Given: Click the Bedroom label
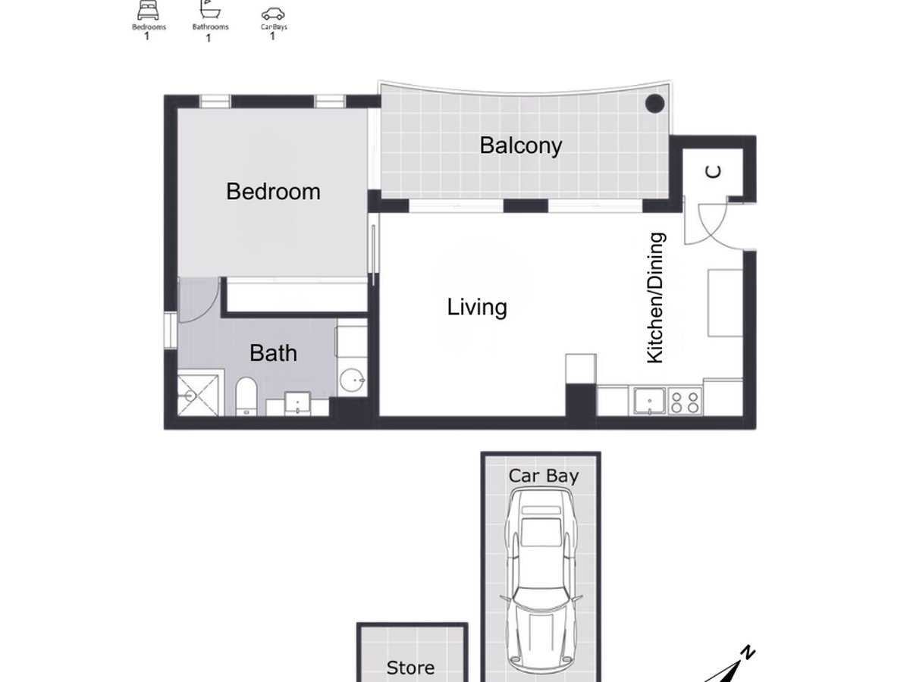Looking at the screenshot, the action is [x=273, y=191].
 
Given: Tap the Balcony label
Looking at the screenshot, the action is [x=521, y=145].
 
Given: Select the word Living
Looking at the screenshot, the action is [x=477, y=307].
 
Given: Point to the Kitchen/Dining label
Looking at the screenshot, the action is [x=656, y=298].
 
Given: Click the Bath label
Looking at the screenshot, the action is [x=273, y=353].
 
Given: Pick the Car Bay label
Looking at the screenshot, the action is [x=544, y=476].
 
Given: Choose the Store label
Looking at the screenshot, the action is [x=410, y=668].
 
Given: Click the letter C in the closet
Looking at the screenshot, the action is [x=713, y=171].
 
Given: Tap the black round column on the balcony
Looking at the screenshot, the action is [x=654, y=104].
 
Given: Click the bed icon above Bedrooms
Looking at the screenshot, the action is [x=148, y=11].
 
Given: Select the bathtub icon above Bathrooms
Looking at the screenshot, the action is [x=210, y=9].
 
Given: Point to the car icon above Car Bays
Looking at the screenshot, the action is [x=273, y=14].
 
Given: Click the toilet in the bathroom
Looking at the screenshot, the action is [x=246, y=396].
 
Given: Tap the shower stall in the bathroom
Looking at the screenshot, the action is [x=198, y=395].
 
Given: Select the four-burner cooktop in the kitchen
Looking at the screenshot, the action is [x=685, y=402].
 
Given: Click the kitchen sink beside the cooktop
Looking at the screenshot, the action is [x=650, y=401].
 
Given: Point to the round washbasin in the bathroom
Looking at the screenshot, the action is [x=352, y=380].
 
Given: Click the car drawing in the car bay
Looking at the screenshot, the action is [x=540, y=580].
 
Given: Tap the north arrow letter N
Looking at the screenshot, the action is [x=748, y=652].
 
